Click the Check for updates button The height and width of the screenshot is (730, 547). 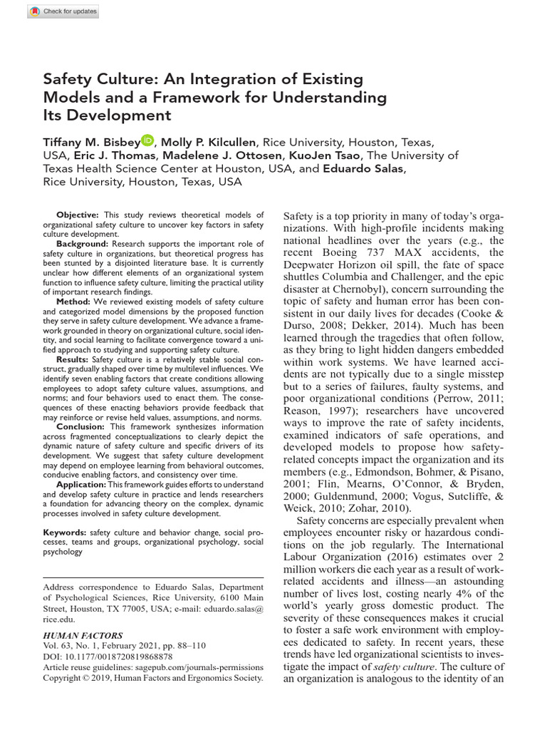[x=64, y=11]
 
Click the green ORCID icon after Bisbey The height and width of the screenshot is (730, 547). [x=147, y=140]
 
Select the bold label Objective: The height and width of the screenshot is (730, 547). [x=78, y=215]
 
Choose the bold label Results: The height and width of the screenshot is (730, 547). [x=73, y=359]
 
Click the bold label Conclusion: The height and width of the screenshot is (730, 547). [x=80, y=426]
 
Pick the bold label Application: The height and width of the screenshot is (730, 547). [x=82, y=484]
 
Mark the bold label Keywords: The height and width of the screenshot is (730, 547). [x=66, y=532]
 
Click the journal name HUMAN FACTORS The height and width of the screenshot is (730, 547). [x=83, y=635]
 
